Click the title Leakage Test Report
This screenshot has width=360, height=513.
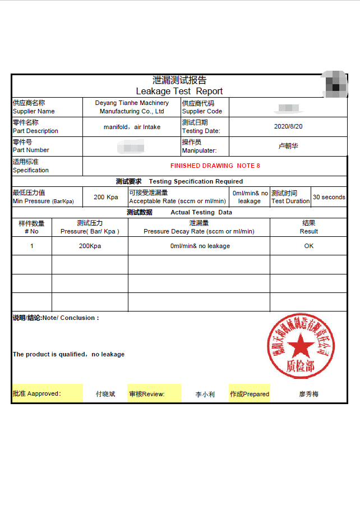click(x=179, y=91)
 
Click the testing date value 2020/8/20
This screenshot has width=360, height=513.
click(x=288, y=126)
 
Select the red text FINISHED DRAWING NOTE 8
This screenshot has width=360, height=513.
click(x=215, y=166)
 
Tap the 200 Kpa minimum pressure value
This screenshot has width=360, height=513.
click(x=105, y=197)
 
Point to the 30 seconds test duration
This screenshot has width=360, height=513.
click(x=329, y=197)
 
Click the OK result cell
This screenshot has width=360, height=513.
click(x=309, y=246)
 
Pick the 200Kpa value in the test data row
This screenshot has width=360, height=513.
click(x=90, y=246)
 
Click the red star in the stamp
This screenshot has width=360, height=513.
click(x=301, y=345)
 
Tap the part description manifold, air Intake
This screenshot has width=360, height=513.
click(x=132, y=127)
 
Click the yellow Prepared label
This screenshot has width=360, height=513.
click(x=250, y=394)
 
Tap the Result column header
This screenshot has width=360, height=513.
click(x=308, y=227)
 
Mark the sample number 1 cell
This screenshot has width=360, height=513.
click(x=32, y=246)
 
